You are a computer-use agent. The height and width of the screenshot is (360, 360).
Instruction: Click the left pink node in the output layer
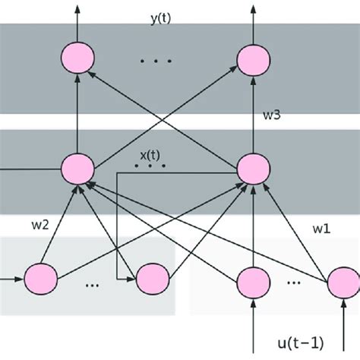coord(77,58)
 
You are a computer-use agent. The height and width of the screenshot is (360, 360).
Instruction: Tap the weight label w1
coord(323,227)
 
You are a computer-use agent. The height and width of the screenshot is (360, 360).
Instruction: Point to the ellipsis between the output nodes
coord(158,61)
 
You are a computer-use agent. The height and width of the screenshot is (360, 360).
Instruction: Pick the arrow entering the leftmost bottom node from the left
coord(11,277)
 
